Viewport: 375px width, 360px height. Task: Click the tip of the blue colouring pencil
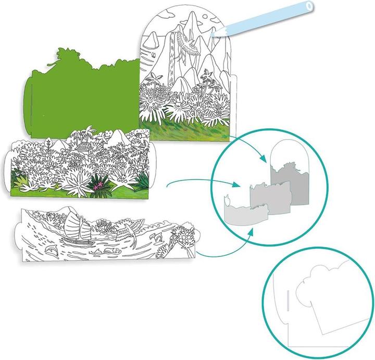click(214, 35)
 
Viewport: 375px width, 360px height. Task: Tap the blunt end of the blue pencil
click(310, 7)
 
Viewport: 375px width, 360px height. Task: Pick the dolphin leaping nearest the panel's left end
click(51, 252)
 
